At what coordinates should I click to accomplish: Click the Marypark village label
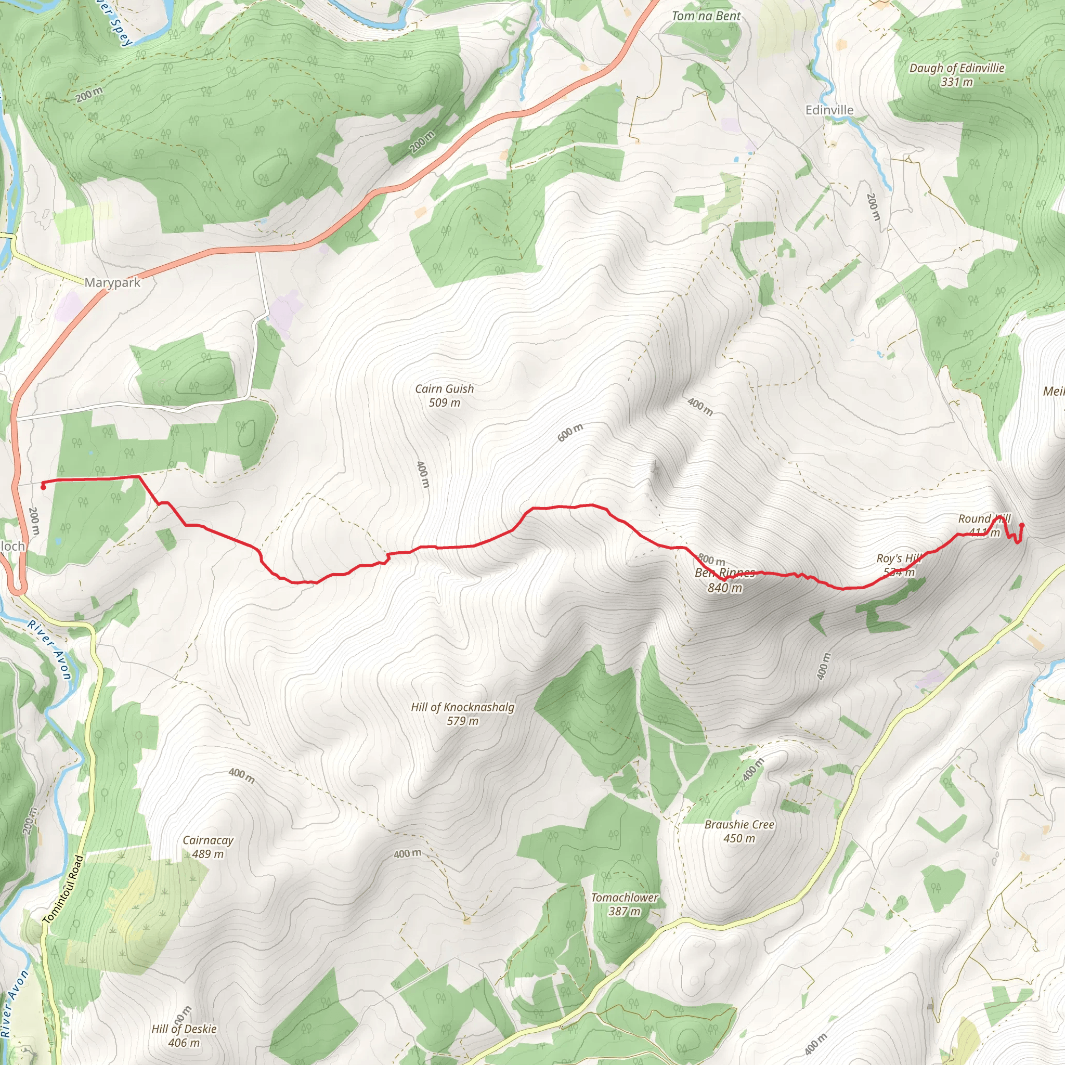tap(112, 282)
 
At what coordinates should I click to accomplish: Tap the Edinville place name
tap(829, 110)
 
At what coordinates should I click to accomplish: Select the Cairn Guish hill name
tap(444, 388)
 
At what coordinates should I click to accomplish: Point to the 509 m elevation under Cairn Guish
tap(444, 402)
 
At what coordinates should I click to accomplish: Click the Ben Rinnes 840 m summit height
tap(725, 588)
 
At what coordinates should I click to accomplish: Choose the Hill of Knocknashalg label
tap(462, 707)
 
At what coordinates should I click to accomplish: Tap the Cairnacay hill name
tap(208, 840)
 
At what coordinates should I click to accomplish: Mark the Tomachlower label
tap(625, 898)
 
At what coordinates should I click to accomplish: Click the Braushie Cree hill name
tap(739, 825)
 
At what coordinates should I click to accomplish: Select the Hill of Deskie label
tap(184, 1029)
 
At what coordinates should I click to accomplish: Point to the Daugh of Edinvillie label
tap(957, 68)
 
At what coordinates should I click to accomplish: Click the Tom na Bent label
tap(706, 16)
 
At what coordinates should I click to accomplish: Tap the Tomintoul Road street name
tap(63, 889)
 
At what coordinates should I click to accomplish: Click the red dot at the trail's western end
tap(43, 487)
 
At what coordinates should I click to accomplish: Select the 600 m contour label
tap(570, 433)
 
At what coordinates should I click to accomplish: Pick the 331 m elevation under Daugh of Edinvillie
tap(957, 82)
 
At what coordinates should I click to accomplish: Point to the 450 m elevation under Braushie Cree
tap(739, 838)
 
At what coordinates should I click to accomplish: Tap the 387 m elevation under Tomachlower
tap(625, 911)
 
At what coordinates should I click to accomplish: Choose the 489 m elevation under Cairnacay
tap(208, 854)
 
